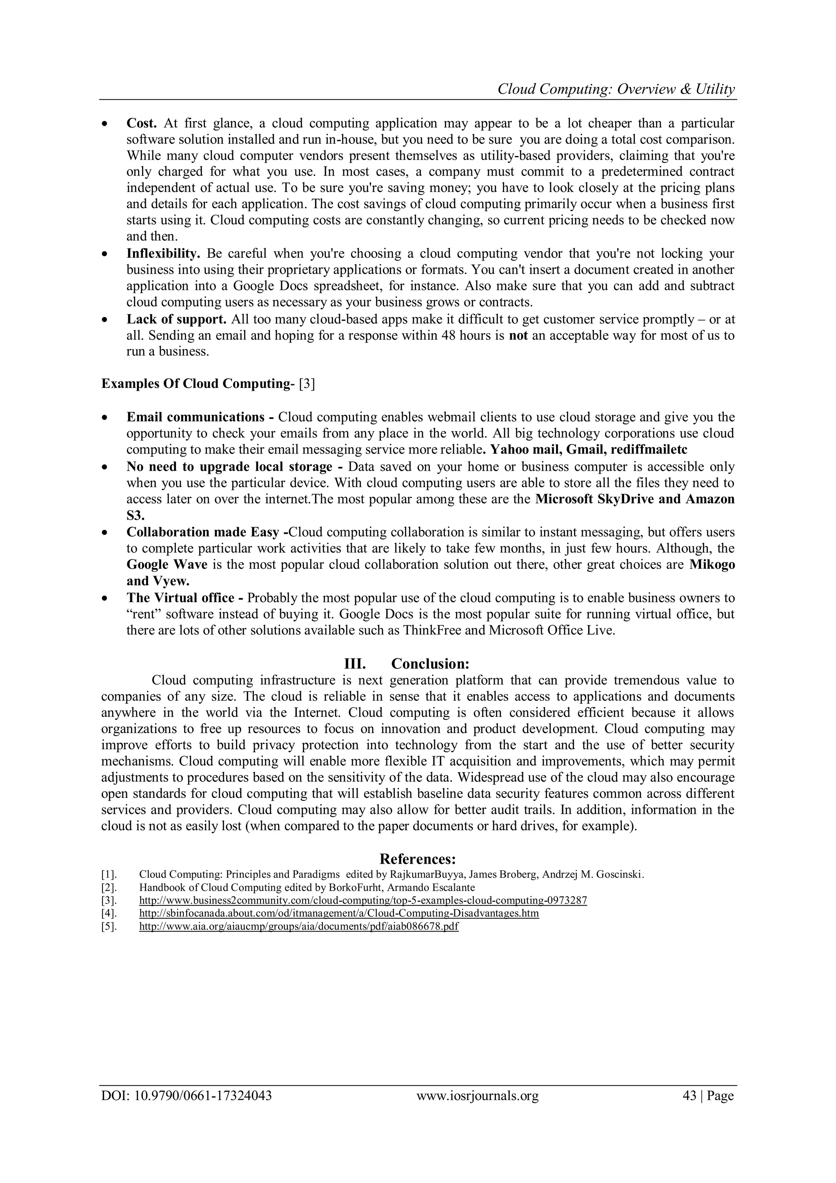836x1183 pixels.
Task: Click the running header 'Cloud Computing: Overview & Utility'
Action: [616, 90]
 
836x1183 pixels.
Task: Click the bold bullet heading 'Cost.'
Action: [141, 124]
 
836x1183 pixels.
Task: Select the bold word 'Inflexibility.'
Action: [163, 254]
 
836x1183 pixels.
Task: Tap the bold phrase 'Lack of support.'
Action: [176, 319]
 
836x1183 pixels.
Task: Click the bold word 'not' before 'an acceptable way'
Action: [518, 336]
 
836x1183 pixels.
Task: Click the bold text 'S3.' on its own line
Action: [136, 515]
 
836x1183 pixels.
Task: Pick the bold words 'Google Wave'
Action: [167, 565]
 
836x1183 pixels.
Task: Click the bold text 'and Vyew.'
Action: [158, 581]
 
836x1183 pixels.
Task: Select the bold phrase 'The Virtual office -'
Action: [185, 598]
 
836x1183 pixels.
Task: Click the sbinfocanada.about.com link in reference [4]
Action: [339, 913]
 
